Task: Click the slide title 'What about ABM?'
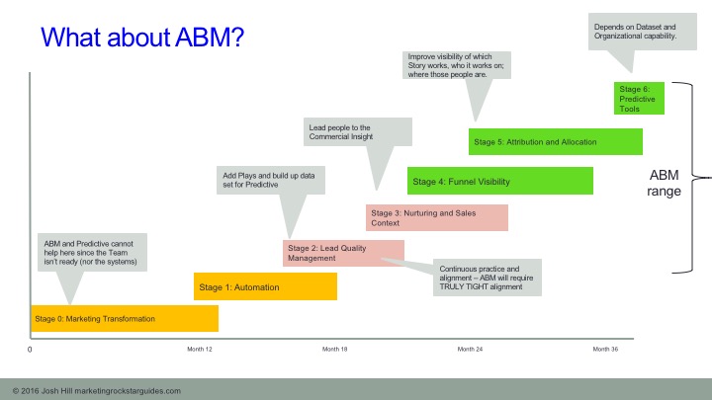142,39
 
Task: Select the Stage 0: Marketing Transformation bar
124,319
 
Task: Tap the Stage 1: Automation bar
265,286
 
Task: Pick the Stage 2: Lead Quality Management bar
343,253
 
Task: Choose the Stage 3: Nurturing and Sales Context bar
436,217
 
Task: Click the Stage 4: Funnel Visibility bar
499,181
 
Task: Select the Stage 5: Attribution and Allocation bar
557,142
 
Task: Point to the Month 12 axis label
200,349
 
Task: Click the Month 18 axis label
335,349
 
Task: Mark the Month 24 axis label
470,349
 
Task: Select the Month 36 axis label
605,349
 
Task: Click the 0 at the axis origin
30,350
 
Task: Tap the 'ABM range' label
665,184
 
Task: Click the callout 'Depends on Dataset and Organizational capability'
635,31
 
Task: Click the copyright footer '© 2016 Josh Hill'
96,390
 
